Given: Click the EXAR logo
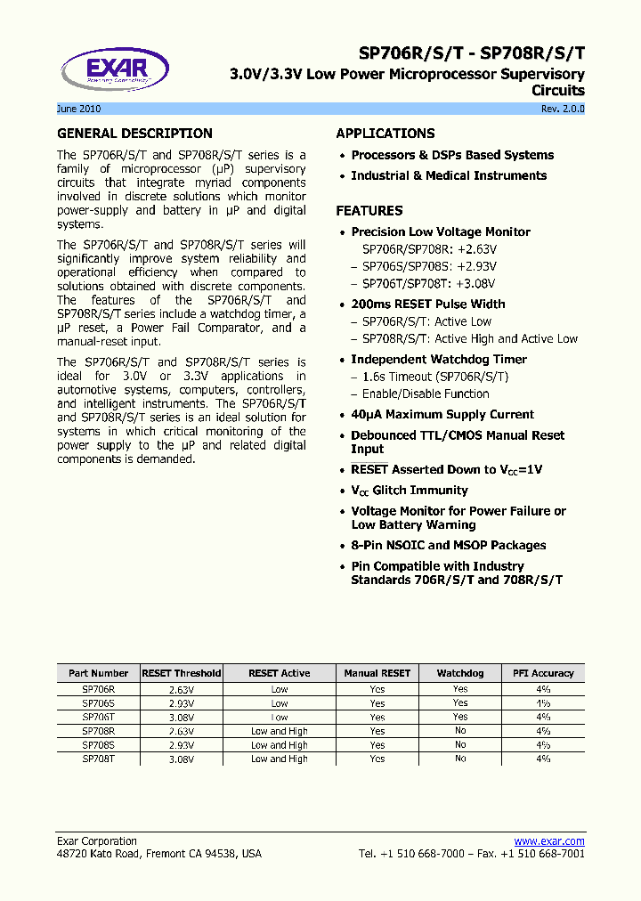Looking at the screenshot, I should [116, 69].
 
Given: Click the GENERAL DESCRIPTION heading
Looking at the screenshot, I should [134, 134].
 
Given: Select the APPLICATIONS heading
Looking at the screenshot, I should [385, 134].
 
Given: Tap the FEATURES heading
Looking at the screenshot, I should [369, 211].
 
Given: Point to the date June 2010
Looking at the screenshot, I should [78, 109].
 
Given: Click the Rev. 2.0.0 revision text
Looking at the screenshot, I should [563, 109].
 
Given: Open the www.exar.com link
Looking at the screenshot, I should [549, 841].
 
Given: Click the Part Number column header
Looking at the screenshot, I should [98, 674].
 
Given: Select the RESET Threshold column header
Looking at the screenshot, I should [181, 674].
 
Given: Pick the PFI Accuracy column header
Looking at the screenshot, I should [543, 674].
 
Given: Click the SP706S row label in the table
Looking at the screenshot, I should [98, 703].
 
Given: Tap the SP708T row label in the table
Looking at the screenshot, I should [98, 759].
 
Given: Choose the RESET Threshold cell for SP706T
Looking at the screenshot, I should [181, 718].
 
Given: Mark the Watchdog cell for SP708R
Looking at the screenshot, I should [460, 731].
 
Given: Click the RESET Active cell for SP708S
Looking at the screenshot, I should [280, 745].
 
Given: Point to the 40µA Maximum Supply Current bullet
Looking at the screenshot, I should [442, 415].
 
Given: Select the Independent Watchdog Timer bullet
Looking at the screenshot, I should [439, 360].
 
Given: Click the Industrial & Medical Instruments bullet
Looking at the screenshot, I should [449, 176].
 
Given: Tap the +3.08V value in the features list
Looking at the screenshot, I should [475, 283].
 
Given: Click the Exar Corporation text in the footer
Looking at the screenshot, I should [97, 841].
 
